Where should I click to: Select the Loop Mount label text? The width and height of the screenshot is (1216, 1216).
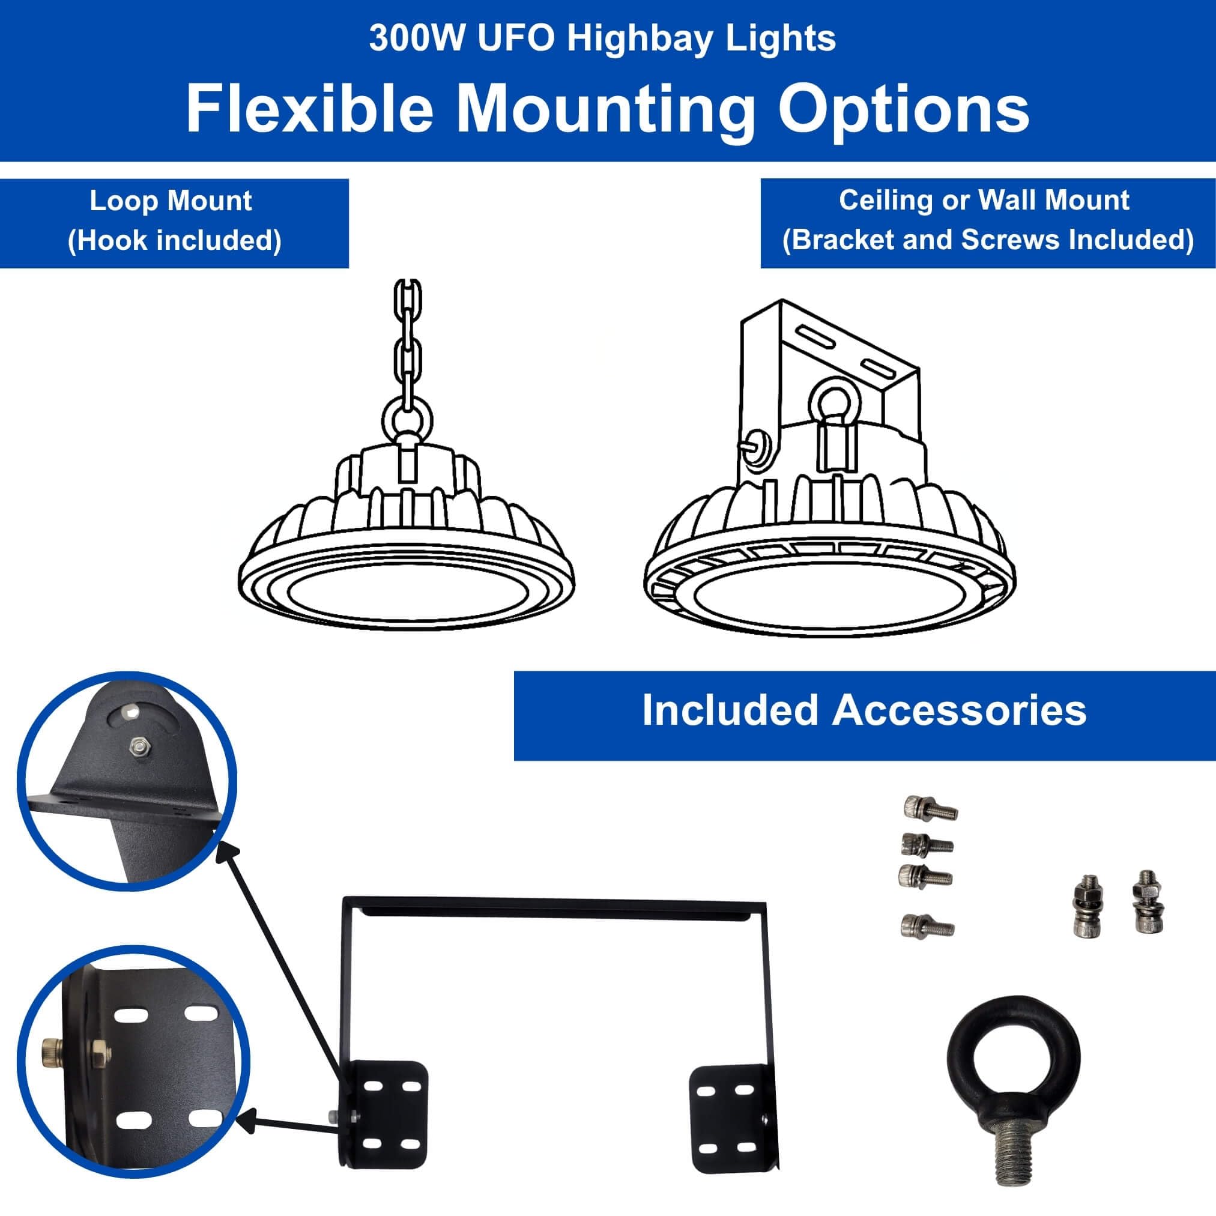click(171, 201)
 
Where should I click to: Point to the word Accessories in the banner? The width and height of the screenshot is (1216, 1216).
click(960, 710)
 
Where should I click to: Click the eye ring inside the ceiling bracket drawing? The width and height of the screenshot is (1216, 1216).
click(834, 399)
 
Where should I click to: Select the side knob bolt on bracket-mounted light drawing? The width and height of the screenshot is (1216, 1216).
click(758, 443)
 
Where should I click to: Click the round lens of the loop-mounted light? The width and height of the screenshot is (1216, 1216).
click(408, 599)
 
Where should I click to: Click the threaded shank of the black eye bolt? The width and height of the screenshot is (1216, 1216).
click(1014, 1155)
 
